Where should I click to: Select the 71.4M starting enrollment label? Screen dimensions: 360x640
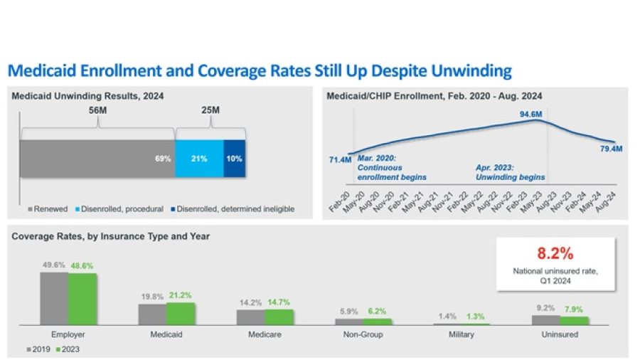click(x=340, y=160)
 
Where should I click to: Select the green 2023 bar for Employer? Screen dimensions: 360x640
click(x=82, y=299)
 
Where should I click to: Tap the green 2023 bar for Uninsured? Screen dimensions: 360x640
click(x=575, y=320)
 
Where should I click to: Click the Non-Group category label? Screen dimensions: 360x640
click(x=363, y=334)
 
